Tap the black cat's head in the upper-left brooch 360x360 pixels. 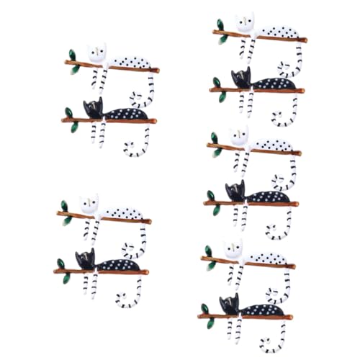click(92, 108)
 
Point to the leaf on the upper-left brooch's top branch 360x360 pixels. click(71, 55)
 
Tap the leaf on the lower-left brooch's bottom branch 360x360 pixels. click(62, 264)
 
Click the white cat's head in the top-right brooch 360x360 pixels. click(245, 23)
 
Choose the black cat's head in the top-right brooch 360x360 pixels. click(240, 78)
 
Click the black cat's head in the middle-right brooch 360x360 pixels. click(235, 192)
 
